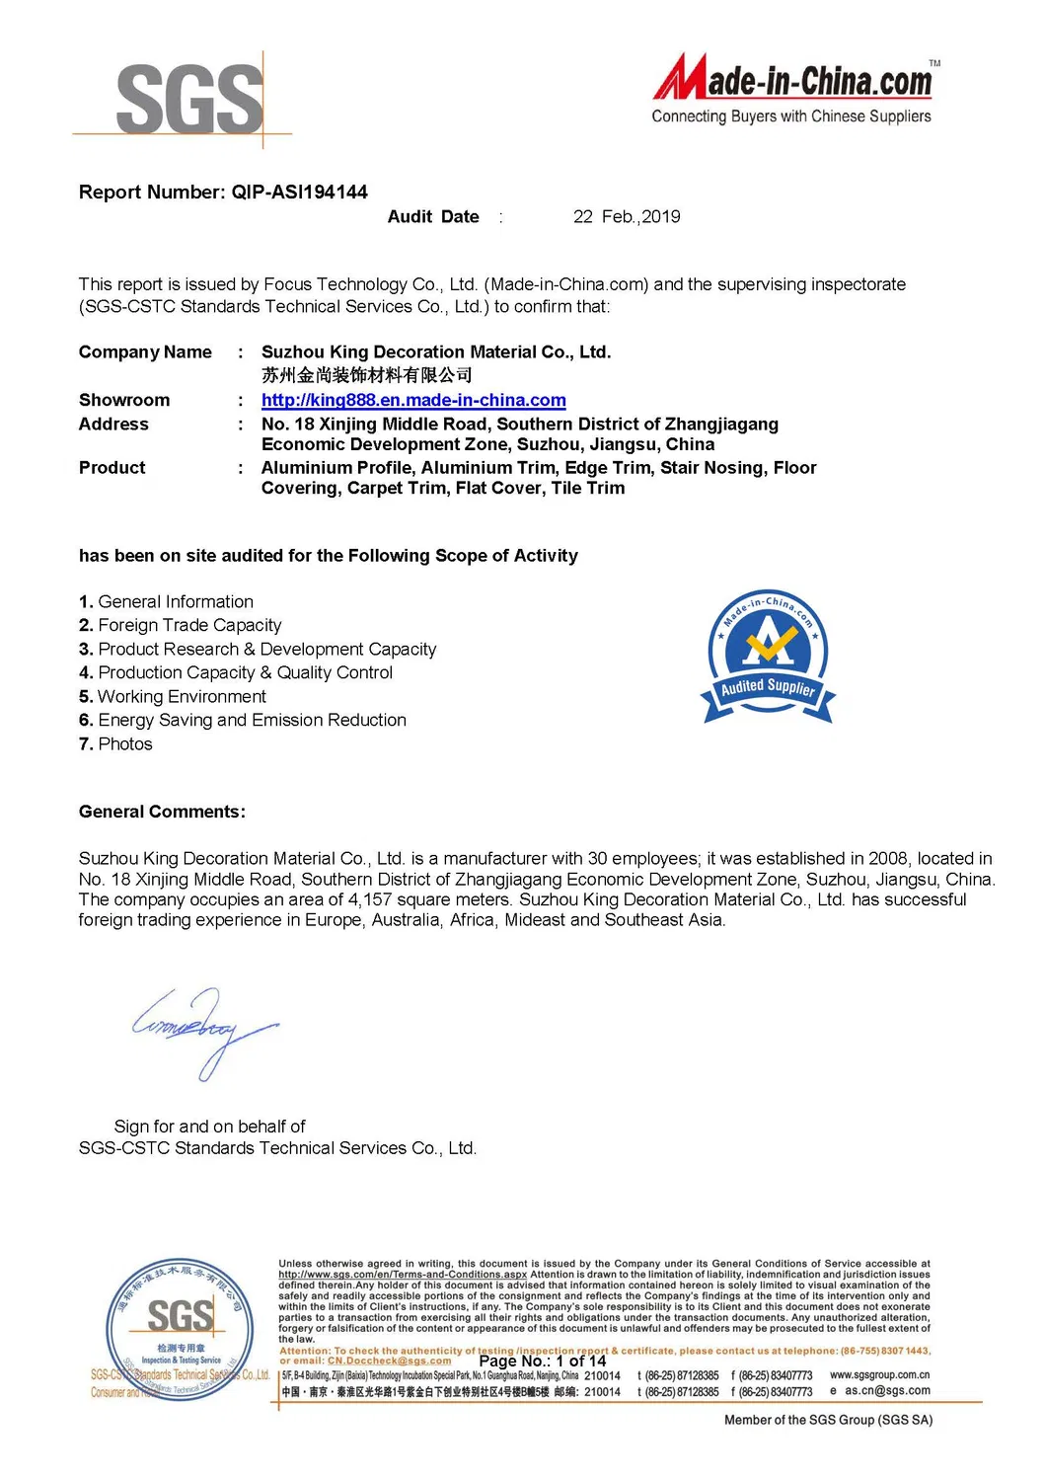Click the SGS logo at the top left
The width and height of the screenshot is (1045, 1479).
[x=189, y=99]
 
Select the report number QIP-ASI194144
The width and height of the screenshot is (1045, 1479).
[x=299, y=193]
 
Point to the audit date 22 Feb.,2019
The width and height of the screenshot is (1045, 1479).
[x=627, y=217]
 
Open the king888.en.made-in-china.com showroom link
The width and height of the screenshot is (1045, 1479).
[x=413, y=400]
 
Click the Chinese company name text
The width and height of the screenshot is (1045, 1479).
[x=366, y=375]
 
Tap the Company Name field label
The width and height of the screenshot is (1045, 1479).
[x=145, y=352]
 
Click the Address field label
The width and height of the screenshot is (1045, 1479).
[x=113, y=425]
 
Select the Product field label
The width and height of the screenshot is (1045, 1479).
[x=112, y=468]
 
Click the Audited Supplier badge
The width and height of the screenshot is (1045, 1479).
[x=768, y=658]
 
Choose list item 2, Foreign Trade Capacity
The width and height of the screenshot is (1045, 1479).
[x=181, y=625]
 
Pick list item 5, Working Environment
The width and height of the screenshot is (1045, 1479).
[x=173, y=696]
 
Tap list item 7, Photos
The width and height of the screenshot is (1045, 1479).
[x=116, y=743]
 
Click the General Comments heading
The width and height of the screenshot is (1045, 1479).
[x=162, y=812]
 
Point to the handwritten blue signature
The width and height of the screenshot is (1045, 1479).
[x=204, y=1030]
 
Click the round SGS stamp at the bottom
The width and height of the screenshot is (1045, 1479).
[x=179, y=1328]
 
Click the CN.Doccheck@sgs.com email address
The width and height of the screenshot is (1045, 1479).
[x=389, y=1361]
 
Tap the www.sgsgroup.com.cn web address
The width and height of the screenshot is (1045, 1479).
[x=879, y=1374]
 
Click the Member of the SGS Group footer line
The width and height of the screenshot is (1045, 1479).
[x=828, y=1420]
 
